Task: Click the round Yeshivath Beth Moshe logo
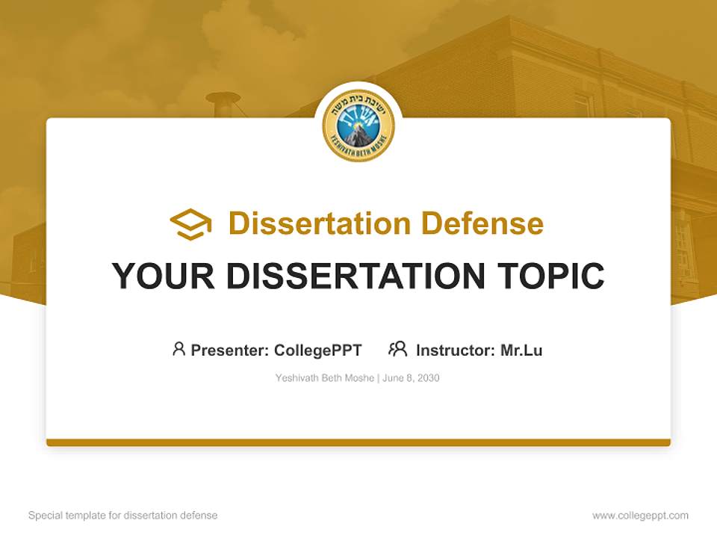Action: click(358, 126)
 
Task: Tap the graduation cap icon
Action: click(190, 223)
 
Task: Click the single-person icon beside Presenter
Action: click(179, 349)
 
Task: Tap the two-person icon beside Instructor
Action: click(397, 349)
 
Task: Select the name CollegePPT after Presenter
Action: click(317, 350)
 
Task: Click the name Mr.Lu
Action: click(521, 350)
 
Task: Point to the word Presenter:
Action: click(230, 350)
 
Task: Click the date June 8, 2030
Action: click(412, 378)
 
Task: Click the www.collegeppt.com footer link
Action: click(640, 516)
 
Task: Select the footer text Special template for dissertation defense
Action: click(123, 516)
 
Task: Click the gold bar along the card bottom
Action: click(358, 442)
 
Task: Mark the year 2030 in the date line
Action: click(428, 378)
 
